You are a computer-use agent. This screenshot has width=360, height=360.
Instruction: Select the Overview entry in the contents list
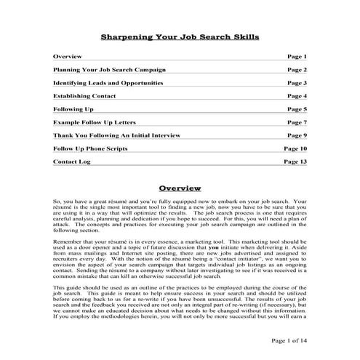coord(68,57)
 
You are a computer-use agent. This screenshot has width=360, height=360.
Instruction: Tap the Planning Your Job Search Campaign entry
coord(109,70)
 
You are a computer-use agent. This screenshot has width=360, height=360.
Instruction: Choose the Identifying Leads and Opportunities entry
coord(108,83)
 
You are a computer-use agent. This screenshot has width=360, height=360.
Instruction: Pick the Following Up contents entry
coord(73,109)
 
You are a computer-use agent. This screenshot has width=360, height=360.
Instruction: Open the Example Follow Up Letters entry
coord(95,122)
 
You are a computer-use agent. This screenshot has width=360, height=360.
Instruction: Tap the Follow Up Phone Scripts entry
coord(90,148)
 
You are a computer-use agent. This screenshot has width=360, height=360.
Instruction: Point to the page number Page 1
coord(297,57)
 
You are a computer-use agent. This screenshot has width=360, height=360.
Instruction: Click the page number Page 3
coord(297,83)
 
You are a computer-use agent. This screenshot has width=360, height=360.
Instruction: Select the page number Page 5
coord(297,109)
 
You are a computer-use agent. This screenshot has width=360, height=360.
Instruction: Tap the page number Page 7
coord(297,122)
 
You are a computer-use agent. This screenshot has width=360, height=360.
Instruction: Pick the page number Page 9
coord(297,135)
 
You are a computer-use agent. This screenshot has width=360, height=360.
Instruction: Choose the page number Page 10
coord(295,148)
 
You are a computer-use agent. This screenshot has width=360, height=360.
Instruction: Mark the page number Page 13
coord(295,161)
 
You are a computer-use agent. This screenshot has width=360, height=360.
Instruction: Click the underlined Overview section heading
coord(179,188)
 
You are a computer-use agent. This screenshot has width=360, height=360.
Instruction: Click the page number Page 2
coord(297,70)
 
